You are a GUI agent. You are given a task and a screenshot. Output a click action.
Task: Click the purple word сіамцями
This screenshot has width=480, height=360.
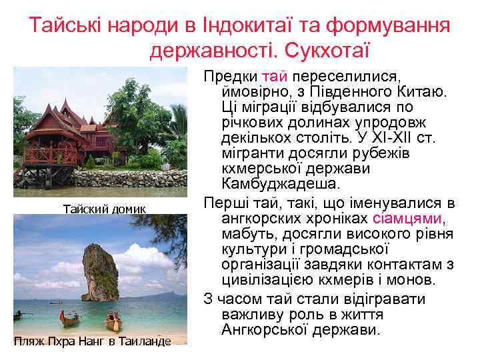[x=407, y=219]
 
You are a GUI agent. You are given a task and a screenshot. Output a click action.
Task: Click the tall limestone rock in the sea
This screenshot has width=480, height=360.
[x=101, y=273]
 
